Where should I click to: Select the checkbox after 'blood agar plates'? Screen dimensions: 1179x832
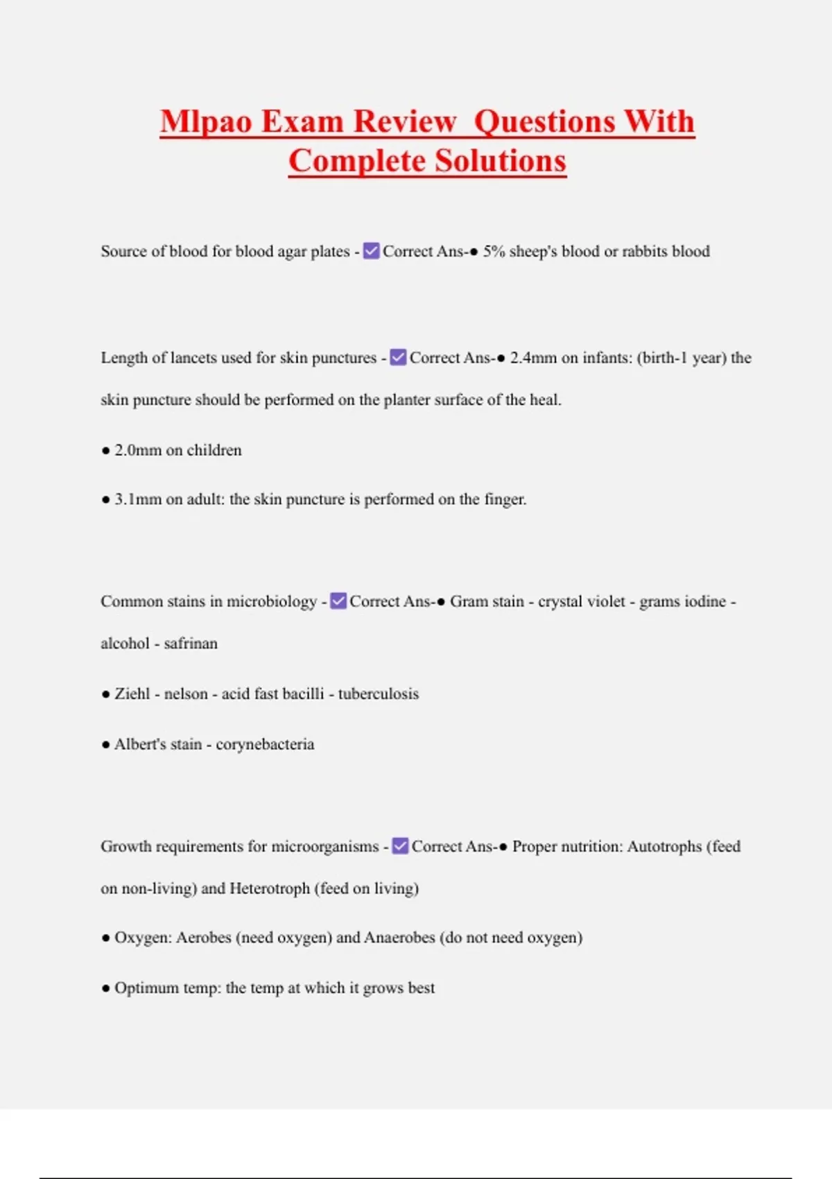372,251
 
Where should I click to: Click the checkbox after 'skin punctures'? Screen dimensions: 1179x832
399,358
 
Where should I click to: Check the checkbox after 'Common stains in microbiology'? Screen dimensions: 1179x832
338,601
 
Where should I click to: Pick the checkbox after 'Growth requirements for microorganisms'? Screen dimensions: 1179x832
400,846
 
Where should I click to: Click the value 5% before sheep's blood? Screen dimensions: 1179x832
494,251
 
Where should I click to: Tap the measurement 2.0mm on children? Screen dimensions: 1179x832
137,450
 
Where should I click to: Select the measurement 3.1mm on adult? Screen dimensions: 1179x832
137,499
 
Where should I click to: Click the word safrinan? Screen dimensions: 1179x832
191,644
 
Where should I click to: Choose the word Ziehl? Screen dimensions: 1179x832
132,694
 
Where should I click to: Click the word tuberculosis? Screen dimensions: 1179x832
379,694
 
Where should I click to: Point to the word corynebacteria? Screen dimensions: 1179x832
265,744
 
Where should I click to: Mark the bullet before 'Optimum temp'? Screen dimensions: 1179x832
105,988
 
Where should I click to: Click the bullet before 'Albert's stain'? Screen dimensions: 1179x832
105,745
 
